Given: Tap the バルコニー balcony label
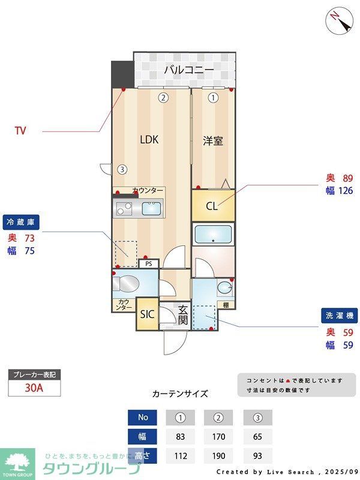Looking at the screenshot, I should pos(189,70).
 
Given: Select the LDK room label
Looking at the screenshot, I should pos(149,140).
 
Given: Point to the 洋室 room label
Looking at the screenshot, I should pos(213,141).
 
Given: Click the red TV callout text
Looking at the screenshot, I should pos(20,131).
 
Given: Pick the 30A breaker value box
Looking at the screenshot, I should pos(34,387).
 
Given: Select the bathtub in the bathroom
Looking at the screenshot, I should pos(214,233).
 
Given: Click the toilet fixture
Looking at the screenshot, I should pos(127,283).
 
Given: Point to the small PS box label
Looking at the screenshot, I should pos(148,263).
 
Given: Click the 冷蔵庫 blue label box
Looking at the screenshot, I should pos(21,221).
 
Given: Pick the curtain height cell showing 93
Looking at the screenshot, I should pos(257,455).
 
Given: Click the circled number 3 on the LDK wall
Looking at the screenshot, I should pos(122,169).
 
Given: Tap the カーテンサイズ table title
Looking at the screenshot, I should pos(180,394).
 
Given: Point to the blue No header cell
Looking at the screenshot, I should pos(142,417).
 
